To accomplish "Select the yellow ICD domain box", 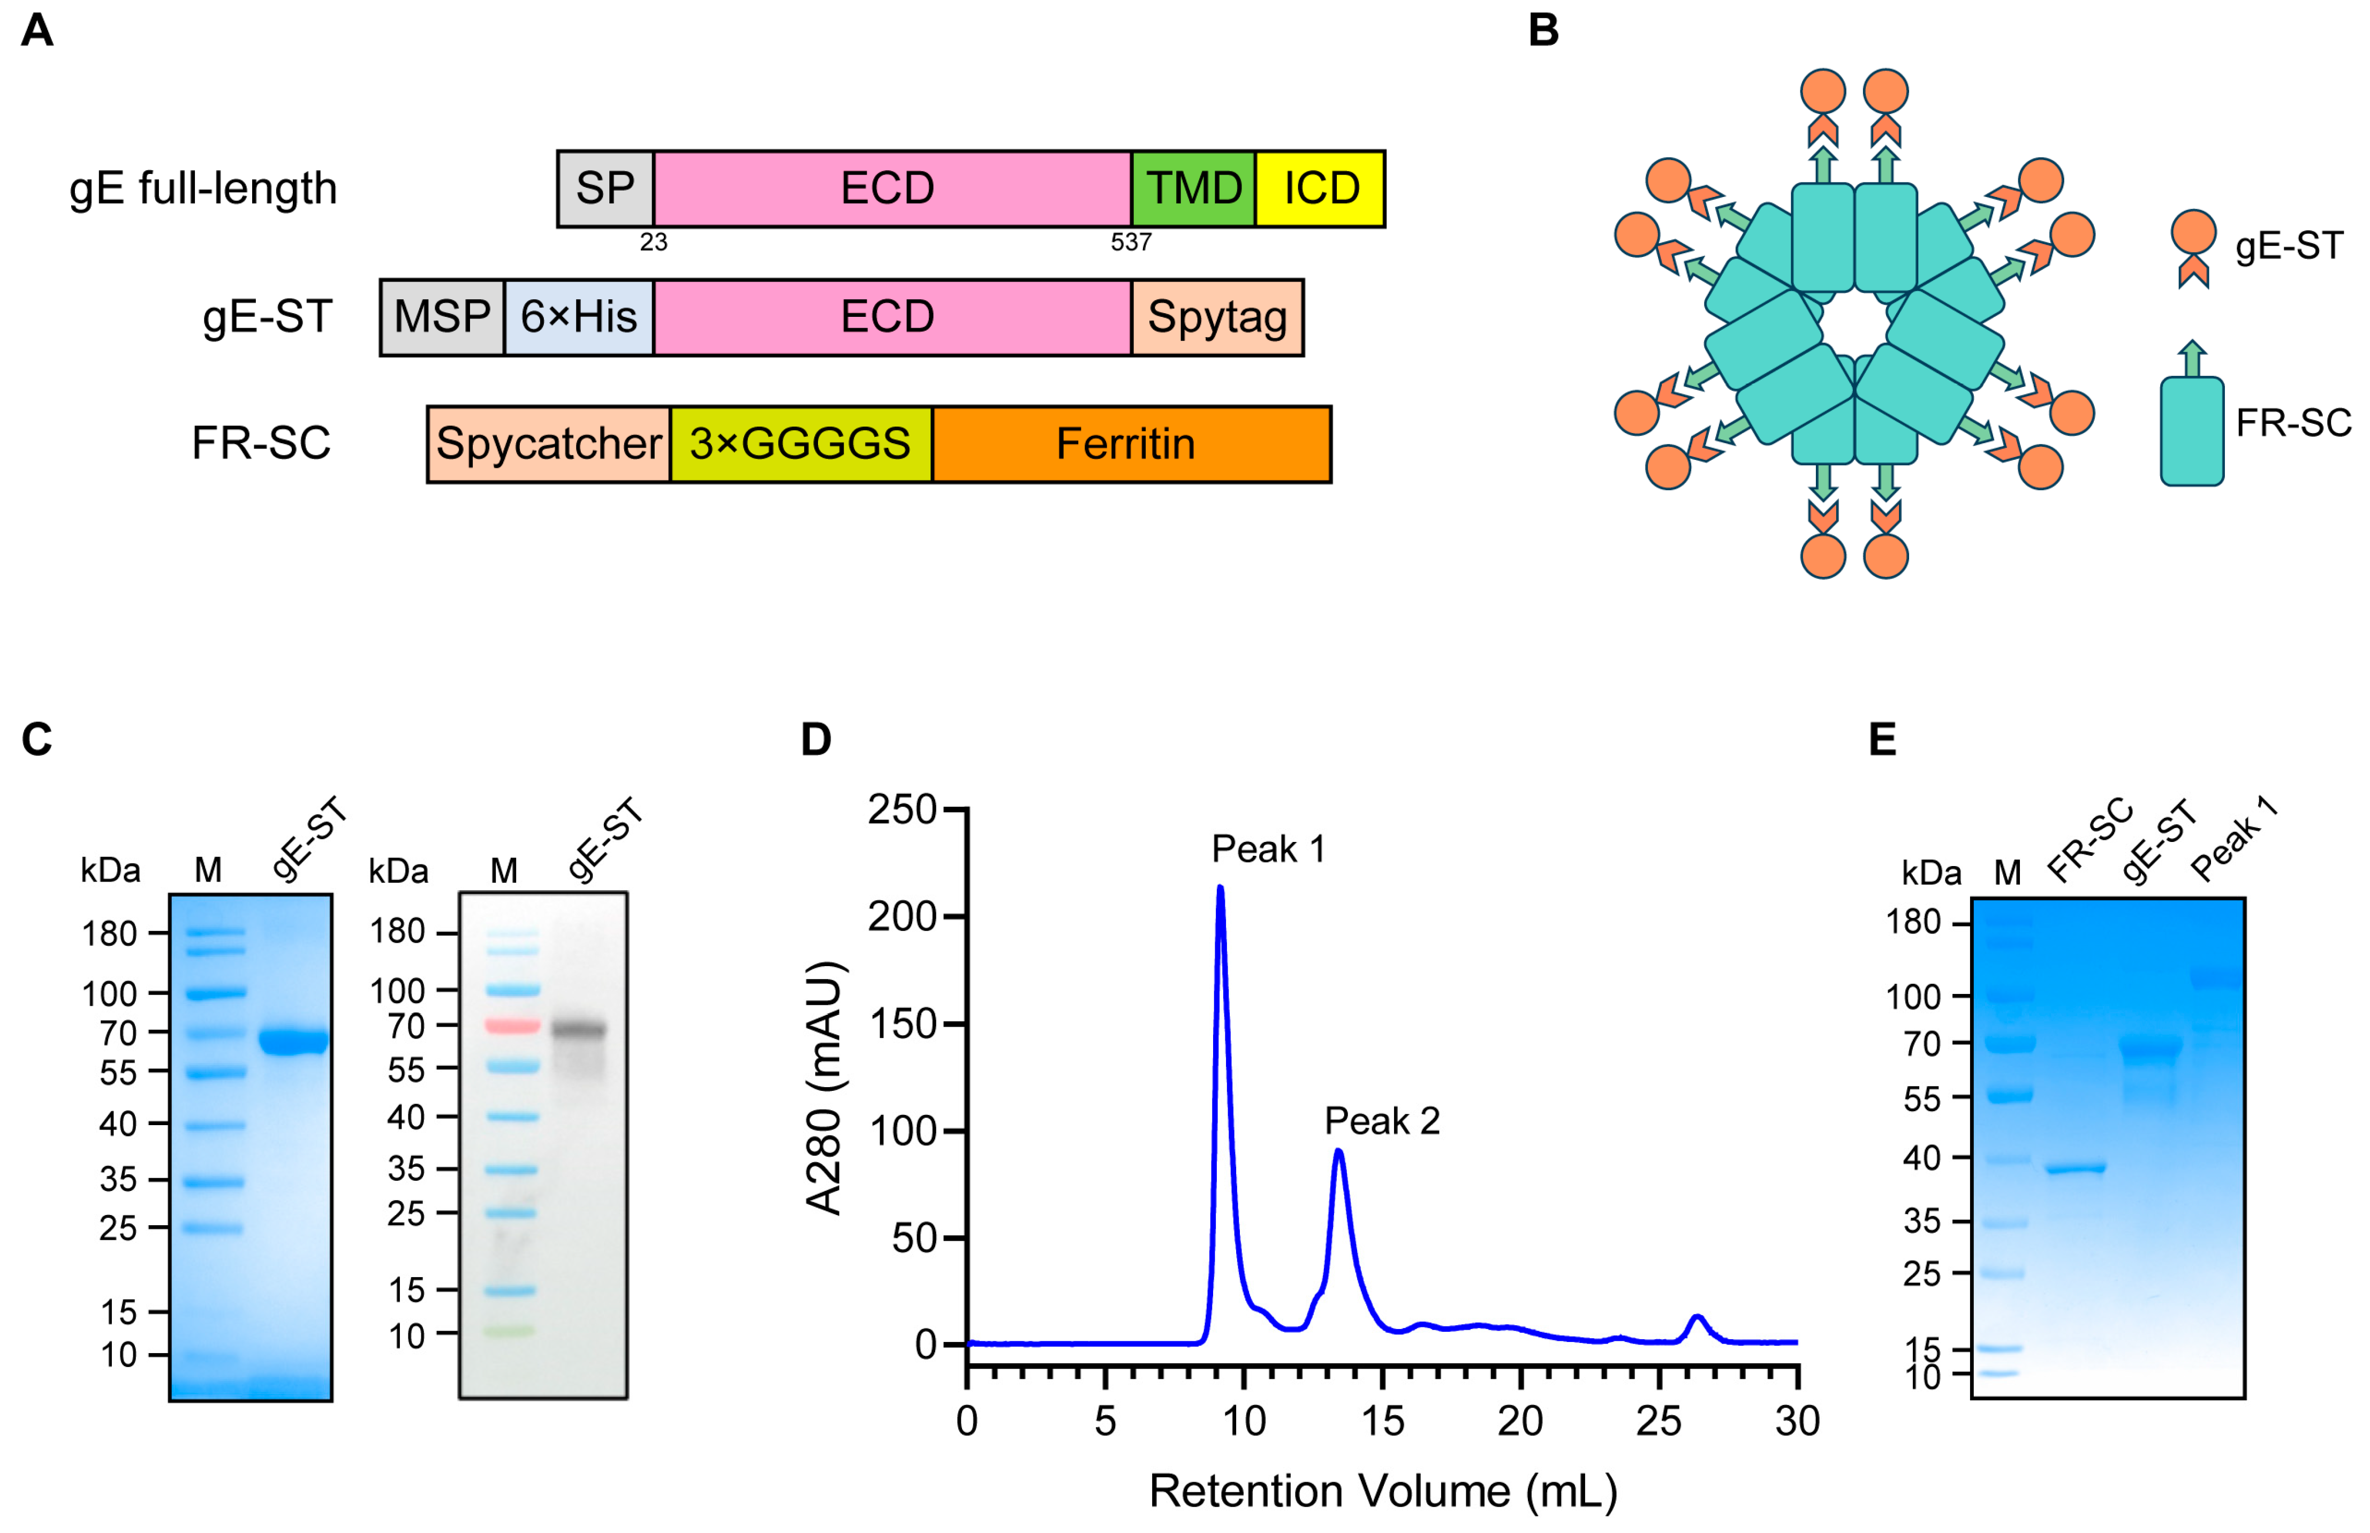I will (1319, 188).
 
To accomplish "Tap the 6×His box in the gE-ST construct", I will (578, 316).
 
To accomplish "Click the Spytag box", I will (1216, 316).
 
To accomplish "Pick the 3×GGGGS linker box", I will (800, 444).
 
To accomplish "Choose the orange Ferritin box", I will (1131, 444).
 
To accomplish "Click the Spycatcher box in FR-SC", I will (548, 444).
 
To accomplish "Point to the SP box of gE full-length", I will (604, 188).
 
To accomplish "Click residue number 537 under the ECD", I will (1131, 242).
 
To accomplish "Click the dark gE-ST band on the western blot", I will (578, 1029).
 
